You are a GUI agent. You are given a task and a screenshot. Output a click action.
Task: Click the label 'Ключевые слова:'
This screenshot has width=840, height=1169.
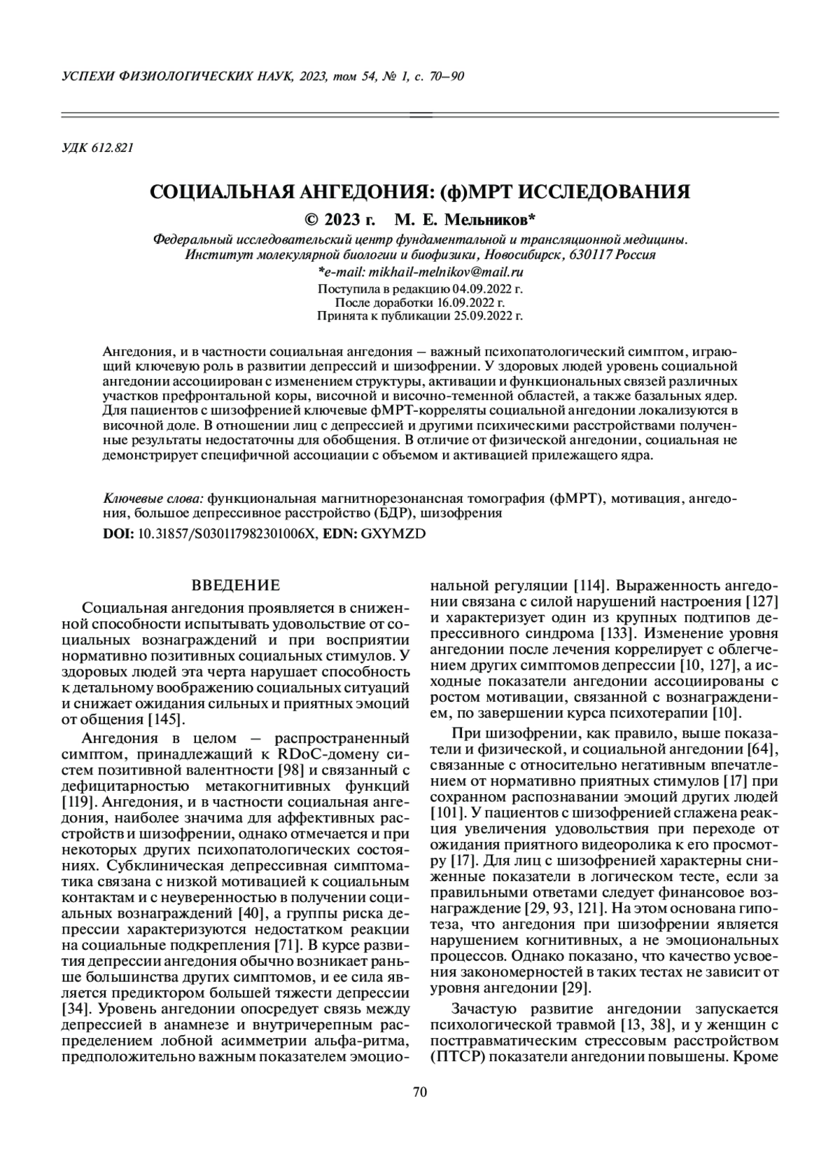tap(153, 499)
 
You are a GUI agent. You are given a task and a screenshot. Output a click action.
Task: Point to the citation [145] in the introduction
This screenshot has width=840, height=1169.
tap(165, 719)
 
